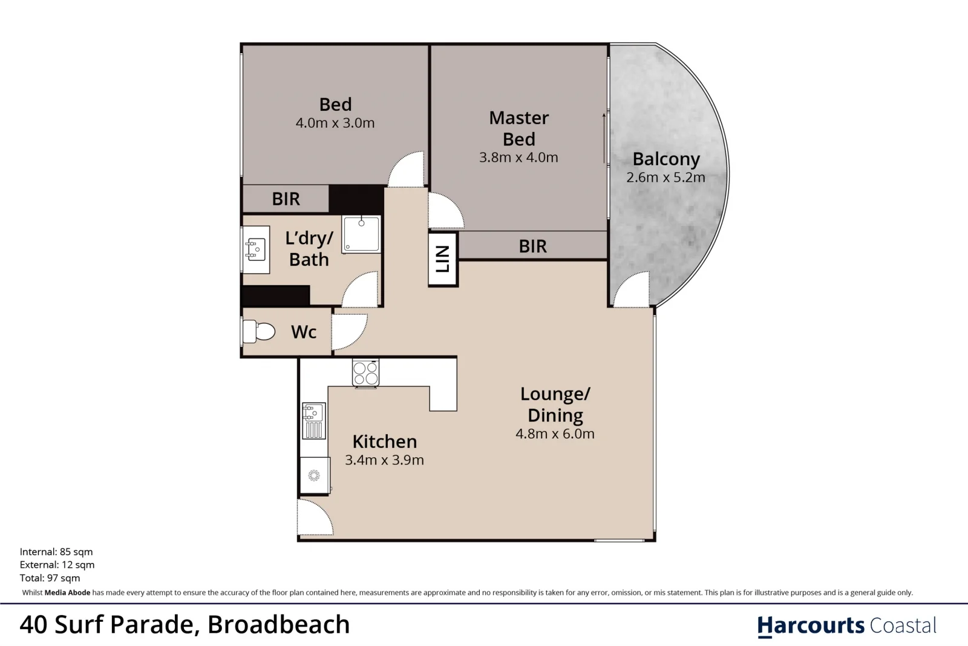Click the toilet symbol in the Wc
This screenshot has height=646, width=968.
coord(259,331)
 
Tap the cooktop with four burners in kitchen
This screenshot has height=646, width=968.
coord(365,373)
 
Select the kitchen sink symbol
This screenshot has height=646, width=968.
coord(313,420)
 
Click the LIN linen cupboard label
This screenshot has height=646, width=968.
coord(443,259)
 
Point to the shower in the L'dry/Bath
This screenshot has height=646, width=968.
coord(361,234)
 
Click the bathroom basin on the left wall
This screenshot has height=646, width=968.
coord(256,249)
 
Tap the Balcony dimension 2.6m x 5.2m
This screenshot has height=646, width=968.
coord(665,177)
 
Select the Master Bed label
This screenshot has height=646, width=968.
coord(518,128)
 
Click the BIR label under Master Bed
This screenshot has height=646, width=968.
coord(532,246)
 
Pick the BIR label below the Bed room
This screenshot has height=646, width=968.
coord(286,199)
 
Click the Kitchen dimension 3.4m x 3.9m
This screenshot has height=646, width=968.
coord(384,460)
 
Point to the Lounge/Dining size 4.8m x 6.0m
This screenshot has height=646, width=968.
coord(555,433)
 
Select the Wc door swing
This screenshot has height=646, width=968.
coord(348,332)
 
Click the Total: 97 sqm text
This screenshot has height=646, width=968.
coord(50,578)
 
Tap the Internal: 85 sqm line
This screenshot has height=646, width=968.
coord(56,552)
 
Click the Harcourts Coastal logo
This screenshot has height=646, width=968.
coord(846,625)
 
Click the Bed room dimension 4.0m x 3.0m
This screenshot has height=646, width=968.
coord(335,123)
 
